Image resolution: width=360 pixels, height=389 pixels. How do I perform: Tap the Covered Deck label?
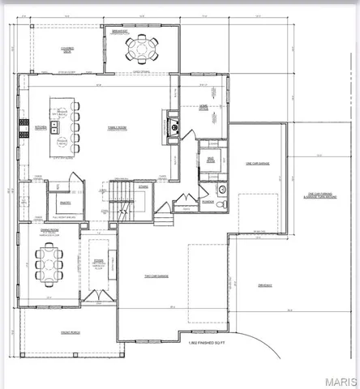[68, 50]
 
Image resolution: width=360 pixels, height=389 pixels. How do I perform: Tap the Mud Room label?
[210, 160]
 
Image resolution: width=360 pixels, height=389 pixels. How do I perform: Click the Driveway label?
[265, 285]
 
